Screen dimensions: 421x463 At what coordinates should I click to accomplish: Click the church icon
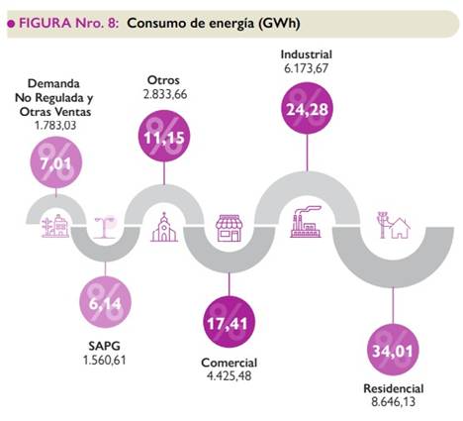coord(164,229)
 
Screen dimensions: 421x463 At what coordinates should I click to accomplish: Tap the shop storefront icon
coord(230,227)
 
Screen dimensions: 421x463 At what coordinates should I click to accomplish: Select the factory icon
coord(306,224)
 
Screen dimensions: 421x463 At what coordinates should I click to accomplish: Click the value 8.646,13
coord(393,402)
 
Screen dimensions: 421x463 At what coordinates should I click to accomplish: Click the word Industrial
coord(307,53)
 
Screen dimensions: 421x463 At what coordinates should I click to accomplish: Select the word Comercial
coord(229,362)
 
